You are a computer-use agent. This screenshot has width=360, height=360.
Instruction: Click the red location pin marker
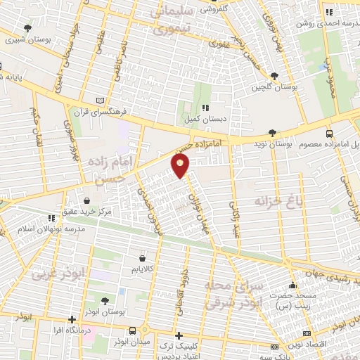click(181, 165)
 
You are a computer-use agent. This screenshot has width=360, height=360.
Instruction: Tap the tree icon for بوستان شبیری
click(27, 28)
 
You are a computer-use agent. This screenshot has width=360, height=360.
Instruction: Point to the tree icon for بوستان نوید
click(272, 132)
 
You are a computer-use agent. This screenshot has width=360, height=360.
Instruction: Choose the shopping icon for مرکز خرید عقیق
click(86, 201)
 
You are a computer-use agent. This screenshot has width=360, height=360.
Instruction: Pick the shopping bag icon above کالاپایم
click(143, 258)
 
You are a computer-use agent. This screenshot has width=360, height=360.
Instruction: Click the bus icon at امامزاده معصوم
click(330, 133)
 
